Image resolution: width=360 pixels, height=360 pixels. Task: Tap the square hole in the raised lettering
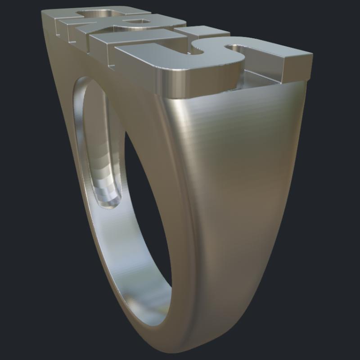coord(133,22)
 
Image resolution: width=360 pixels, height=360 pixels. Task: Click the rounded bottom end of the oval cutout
coord(108,202)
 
